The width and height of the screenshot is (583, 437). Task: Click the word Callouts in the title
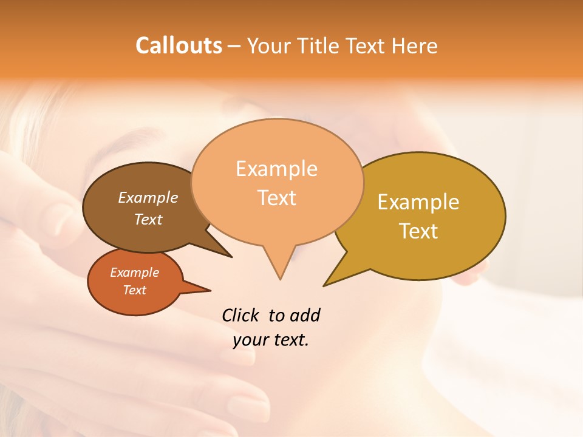[179, 46]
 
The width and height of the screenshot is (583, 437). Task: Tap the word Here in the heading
[415, 46]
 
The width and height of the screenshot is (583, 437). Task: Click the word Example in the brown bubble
[148, 198]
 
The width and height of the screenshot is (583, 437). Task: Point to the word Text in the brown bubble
[148, 219]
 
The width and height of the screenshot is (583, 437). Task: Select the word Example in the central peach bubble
[276, 169]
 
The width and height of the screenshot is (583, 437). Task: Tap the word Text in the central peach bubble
[276, 198]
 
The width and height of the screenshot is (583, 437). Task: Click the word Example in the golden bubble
[418, 202]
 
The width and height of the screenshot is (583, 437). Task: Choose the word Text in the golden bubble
[418, 231]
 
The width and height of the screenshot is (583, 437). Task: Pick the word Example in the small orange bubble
[134, 273]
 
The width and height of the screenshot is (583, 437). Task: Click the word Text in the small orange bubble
[134, 290]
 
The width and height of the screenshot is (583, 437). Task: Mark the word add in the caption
[305, 316]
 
